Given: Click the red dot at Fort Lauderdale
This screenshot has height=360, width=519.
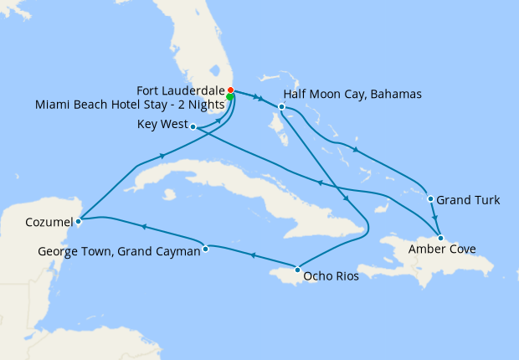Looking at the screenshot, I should coord(230,90).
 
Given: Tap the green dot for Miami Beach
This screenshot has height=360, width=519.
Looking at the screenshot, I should coord(229,97).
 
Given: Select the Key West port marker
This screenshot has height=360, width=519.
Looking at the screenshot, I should coord(193,127).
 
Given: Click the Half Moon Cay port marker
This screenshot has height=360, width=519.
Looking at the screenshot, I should coord(282,107).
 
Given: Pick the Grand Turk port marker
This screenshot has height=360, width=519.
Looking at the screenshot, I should coord(430,199).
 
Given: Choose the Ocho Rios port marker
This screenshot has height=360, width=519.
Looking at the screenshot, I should coord(298,270).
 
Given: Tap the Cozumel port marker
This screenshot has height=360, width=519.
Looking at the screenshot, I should coord(78,222).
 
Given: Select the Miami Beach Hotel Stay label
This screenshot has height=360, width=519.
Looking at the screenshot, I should coord(130,104).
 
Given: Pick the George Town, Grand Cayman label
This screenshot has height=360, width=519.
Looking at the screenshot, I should coord(119,251).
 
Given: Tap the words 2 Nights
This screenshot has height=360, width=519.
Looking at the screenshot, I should coord(202,104).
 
